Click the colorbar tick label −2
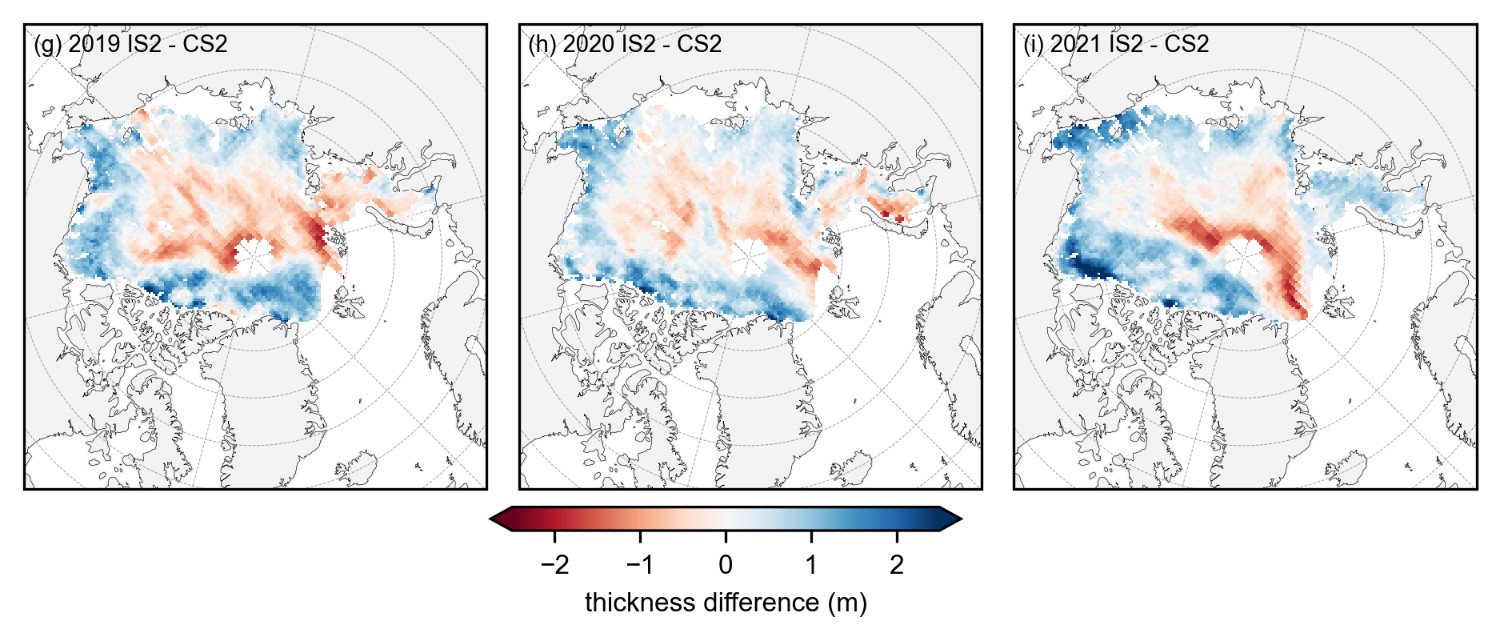(554, 565)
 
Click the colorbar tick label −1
(640, 565)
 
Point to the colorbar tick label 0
(726, 565)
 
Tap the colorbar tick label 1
(811, 565)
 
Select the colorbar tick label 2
(897, 565)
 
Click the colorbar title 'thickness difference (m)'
(726, 603)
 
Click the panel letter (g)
(47, 44)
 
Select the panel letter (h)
(542, 44)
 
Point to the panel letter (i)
(1034, 44)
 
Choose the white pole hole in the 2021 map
(1244, 258)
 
